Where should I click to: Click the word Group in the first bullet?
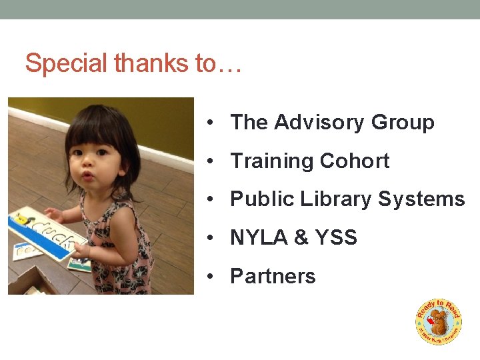click(x=403, y=123)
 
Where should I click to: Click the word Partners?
click(x=273, y=277)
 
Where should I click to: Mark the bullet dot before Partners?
click(x=210, y=277)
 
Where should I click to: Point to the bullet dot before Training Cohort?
click(x=210, y=161)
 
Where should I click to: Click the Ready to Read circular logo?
click(x=438, y=321)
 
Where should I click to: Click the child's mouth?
click(x=89, y=176)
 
